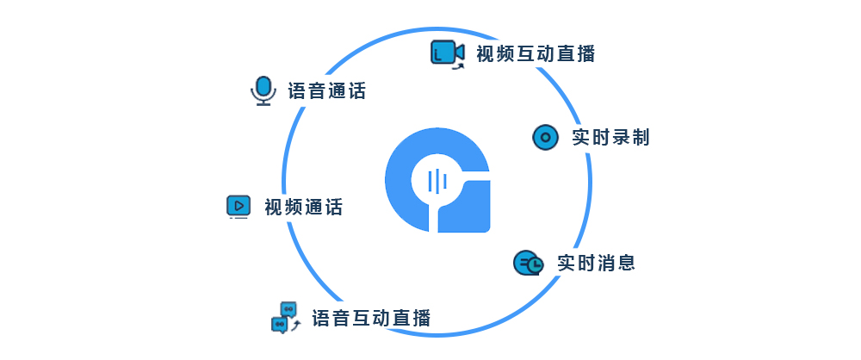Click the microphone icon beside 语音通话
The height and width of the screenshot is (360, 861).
point(262,90)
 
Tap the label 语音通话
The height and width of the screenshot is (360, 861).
point(326,90)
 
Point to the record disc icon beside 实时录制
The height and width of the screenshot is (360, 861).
point(545,137)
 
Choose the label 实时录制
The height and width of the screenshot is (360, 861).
point(610,137)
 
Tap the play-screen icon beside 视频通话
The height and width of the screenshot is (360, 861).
point(238,206)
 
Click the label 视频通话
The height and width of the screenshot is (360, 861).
point(303,207)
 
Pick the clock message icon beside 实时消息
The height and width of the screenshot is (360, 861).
point(528,263)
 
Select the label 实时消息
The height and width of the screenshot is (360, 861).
point(596,263)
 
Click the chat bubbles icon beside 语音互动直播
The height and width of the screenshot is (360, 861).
point(284,316)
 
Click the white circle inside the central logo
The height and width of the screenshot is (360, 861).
point(437,181)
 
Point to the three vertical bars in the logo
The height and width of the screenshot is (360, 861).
point(437,181)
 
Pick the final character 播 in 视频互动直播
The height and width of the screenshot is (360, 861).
point(585,53)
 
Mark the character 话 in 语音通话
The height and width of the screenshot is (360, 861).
point(356,90)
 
